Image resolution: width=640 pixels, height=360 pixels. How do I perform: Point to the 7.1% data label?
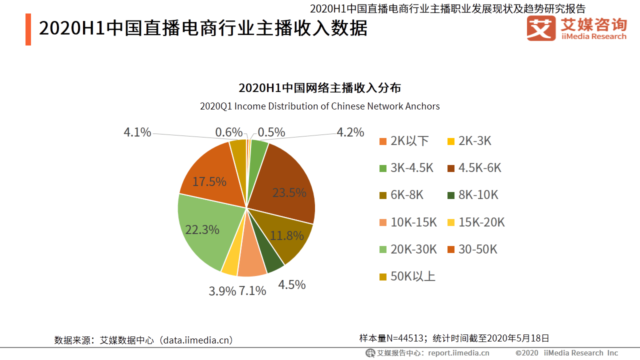click(x=252, y=290)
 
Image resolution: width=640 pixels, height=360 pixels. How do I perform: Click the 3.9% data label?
click(x=222, y=291)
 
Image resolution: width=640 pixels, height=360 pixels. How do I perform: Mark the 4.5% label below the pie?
click(x=291, y=284)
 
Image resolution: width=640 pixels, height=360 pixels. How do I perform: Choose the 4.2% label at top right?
click(x=350, y=132)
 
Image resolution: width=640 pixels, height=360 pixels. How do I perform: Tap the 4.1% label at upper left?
click(x=137, y=132)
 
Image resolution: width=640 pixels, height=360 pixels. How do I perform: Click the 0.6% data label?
click(x=228, y=132)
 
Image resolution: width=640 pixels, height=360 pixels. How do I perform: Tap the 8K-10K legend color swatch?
click(x=451, y=195)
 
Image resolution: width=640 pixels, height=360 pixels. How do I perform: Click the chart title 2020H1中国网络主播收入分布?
click(x=319, y=88)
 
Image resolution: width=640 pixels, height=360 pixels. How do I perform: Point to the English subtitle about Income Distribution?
click(x=319, y=106)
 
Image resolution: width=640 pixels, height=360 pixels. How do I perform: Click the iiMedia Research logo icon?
click(x=541, y=28)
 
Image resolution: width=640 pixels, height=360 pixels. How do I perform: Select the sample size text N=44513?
click(x=406, y=338)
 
